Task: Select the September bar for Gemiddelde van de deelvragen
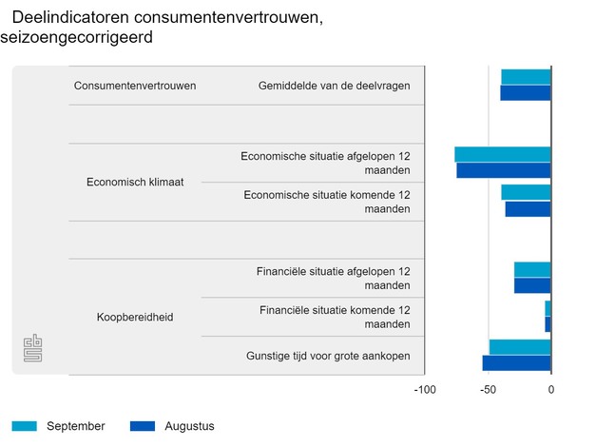(x=526, y=77)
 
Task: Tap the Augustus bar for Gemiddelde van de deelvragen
(x=525, y=93)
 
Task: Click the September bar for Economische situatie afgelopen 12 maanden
(x=503, y=154)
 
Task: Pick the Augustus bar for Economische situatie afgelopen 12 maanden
(x=504, y=170)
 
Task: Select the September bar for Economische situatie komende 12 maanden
(x=526, y=193)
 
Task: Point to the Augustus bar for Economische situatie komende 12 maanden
(x=528, y=209)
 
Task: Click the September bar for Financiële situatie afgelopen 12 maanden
(x=532, y=270)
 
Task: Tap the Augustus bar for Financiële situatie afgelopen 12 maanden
(x=532, y=286)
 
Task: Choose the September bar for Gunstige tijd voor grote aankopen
(x=520, y=347)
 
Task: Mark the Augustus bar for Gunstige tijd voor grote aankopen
(x=516, y=363)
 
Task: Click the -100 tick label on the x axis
(x=425, y=390)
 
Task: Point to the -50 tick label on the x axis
(x=488, y=390)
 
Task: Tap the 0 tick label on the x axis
(x=551, y=390)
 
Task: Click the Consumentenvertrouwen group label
(x=135, y=86)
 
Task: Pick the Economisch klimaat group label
(x=135, y=182)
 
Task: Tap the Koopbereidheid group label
(x=135, y=317)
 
